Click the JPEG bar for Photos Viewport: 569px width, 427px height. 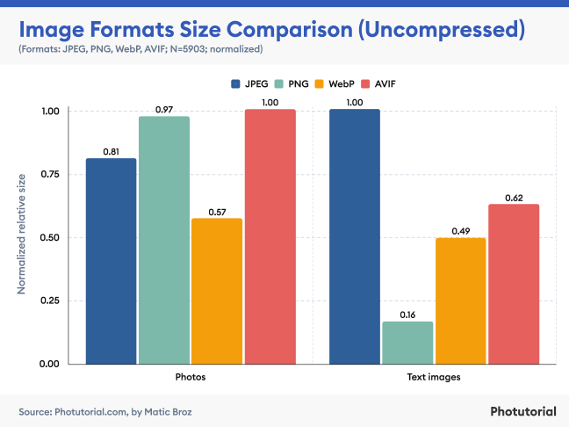[x=111, y=261]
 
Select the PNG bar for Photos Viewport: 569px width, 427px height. [x=164, y=240]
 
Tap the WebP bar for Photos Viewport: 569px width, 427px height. [x=217, y=291]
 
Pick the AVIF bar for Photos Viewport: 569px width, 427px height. [x=270, y=236]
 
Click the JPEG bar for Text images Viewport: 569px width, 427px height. [x=355, y=236]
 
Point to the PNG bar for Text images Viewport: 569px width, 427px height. [x=407, y=343]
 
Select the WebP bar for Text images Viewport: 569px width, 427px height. [x=461, y=300]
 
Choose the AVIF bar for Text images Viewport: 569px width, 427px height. [x=514, y=284]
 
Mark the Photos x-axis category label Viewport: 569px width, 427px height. [x=191, y=377]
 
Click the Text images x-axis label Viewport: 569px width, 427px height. [x=435, y=377]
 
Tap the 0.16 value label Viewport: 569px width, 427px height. [x=407, y=314]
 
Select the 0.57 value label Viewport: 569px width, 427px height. [x=217, y=211]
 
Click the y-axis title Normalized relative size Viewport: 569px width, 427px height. [x=20, y=237]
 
